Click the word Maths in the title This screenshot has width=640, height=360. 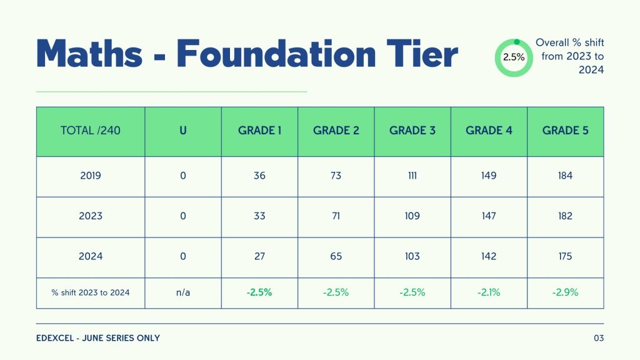pos(89,54)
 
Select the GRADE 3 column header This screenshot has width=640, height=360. pos(412,131)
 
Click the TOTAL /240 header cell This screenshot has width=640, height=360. pos(91,131)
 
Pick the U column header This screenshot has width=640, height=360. pos(183,131)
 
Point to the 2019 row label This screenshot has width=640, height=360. pos(91,176)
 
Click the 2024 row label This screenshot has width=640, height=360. pos(91,256)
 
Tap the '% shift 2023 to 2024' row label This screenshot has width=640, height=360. pos(91,292)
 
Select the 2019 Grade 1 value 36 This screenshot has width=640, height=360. pos(259,176)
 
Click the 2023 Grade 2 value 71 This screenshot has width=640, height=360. pos(336,216)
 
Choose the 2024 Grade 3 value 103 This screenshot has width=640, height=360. pos(412,256)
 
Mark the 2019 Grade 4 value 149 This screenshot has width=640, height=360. pos(489,176)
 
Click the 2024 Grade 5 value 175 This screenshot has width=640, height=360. pos(566,256)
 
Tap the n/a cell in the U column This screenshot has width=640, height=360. pos(183,292)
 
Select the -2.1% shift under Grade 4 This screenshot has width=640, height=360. pos(489,292)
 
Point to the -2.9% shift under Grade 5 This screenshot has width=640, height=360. pos(566,292)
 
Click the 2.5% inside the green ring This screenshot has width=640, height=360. pos(514,57)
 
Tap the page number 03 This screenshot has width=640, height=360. pos(599,338)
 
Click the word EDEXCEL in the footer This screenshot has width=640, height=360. pos(56,338)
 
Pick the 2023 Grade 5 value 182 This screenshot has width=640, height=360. pos(566,216)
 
